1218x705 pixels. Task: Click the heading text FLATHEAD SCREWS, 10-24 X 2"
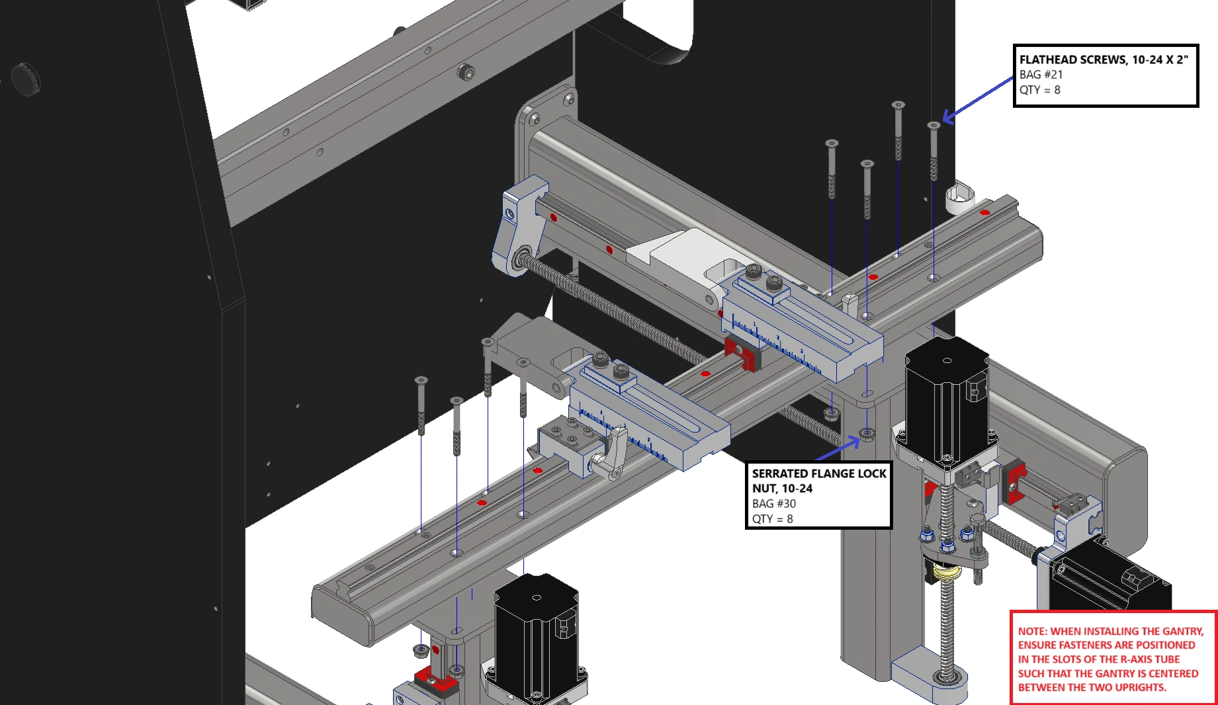pyautogui.click(x=1104, y=60)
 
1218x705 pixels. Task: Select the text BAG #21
pyautogui.click(x=1041, y=75)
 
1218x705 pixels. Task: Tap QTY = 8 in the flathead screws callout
pyautogui.click(x=1039, y=90)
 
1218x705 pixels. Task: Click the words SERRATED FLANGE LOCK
pyautogui.click(x=819, y=474)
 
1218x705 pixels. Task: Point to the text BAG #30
pyautogui.click(x=774, y=504)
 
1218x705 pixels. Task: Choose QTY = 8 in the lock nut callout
pyautogui.click(x=772, y=519)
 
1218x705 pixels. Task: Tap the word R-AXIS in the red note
pyautogui.click(x=1137, y=659)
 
